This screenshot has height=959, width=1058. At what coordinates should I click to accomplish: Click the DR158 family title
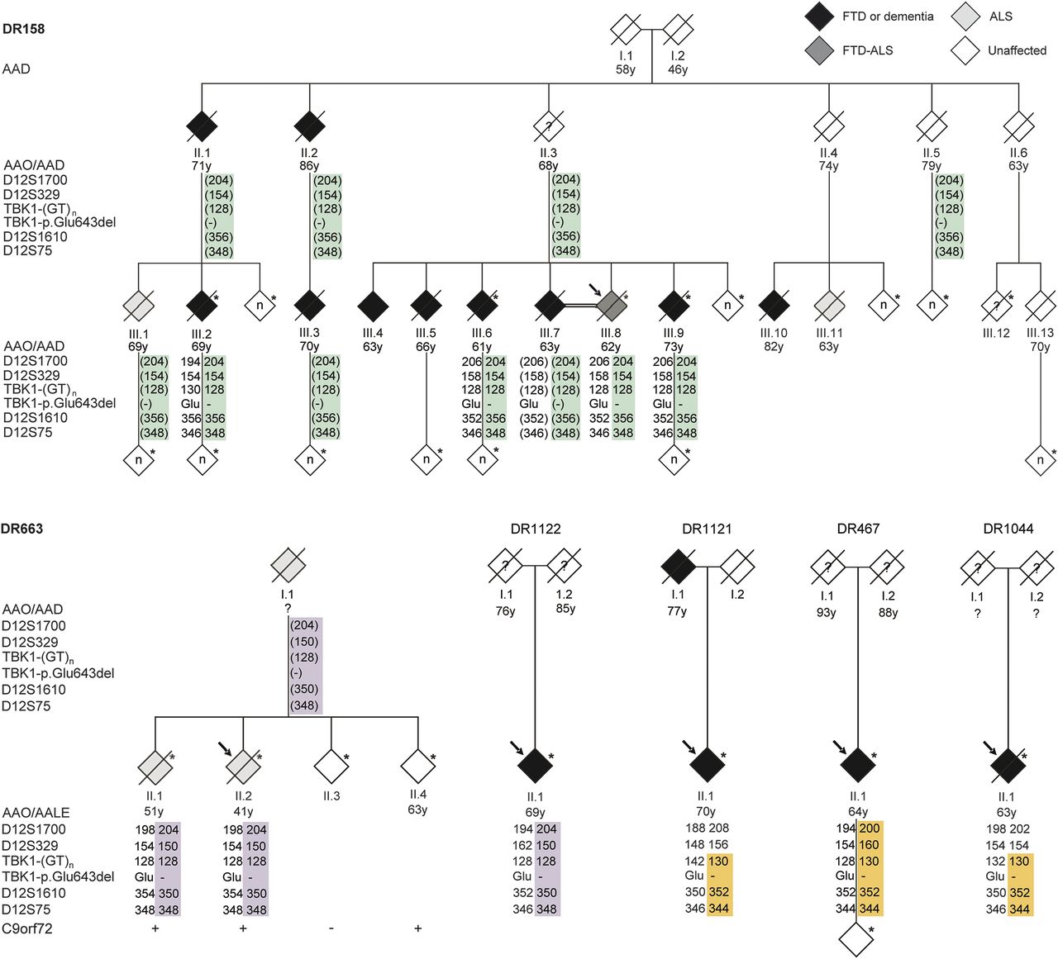23,29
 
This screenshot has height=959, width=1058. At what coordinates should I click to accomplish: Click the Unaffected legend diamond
965,50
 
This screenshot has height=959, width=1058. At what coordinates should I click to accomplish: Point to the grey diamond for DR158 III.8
611,305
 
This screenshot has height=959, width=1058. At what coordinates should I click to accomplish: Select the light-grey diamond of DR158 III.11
829,305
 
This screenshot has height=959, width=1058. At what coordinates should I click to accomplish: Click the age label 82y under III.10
774,347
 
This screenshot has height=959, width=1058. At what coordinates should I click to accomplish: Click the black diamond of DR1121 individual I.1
678,567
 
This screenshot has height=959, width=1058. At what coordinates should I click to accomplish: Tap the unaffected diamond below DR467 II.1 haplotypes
857,939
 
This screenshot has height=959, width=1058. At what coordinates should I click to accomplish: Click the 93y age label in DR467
826,612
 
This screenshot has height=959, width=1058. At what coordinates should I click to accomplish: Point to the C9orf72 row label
27,928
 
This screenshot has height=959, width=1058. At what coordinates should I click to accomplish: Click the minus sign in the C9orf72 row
331,928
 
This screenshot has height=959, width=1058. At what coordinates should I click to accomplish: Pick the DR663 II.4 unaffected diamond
417,766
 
